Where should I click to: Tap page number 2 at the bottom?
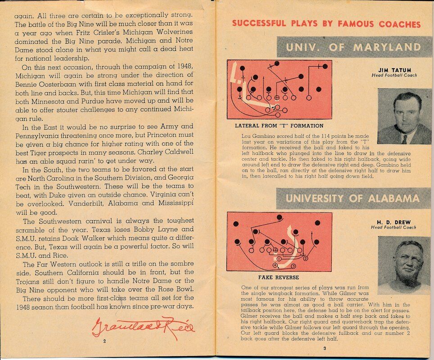tap(104, 341)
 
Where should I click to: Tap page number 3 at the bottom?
tap(325, 348)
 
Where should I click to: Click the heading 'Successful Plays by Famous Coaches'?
tap(326, 23)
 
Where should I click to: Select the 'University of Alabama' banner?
tap(353, 198)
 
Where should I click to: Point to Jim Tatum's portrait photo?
tap(404, 116)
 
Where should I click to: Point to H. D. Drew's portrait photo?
tap(404, 265)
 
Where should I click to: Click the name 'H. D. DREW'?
tap(394, 222)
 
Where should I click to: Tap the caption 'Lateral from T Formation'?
tap(279, 126)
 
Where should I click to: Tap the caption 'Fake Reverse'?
tap(279, 277)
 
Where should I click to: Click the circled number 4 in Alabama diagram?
tap(275, 265)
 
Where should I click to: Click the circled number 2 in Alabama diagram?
tap(306, 258)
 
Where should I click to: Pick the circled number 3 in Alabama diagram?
tap(294, 266)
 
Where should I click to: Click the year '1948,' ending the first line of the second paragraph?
tap(185, 67)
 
